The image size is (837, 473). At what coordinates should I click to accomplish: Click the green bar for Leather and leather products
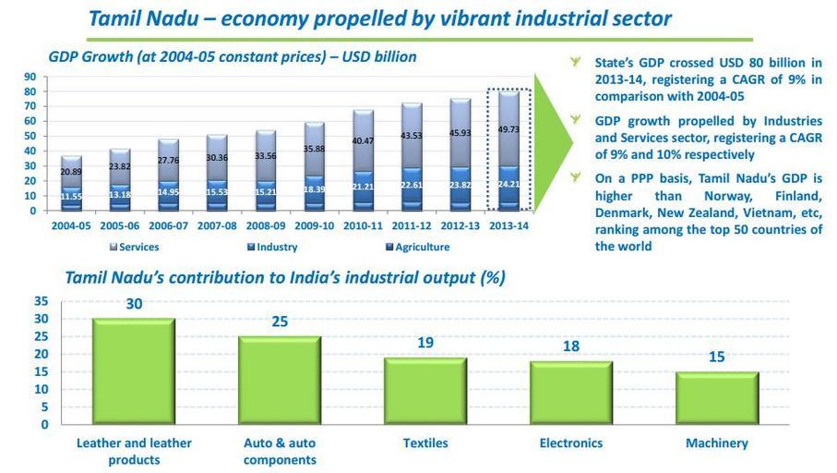133,371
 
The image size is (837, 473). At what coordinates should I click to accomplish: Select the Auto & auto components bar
280,381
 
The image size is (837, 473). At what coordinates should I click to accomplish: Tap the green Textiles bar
425,391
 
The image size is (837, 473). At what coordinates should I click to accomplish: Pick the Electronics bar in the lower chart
570,393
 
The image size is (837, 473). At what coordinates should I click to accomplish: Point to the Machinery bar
717,398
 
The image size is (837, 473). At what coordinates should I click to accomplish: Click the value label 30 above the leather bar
134,304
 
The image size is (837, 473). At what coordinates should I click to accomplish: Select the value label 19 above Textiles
425,343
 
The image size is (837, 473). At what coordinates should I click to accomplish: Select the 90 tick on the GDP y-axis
30,78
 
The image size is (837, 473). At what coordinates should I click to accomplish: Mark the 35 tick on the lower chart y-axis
41,301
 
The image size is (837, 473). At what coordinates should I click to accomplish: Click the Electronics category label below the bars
570,443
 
